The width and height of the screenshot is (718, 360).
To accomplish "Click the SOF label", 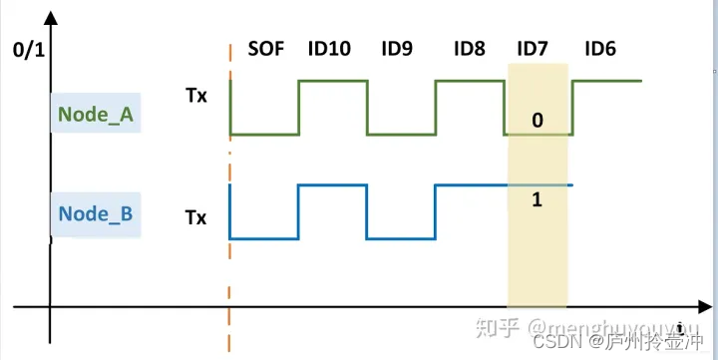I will tap(266, 47).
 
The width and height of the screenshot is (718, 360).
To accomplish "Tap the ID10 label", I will tap(328, 47).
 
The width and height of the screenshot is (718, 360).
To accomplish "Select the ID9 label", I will tap(397, 47).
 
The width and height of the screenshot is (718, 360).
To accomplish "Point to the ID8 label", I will tap(469, 47).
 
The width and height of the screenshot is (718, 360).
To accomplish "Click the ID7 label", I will tap(535, 47).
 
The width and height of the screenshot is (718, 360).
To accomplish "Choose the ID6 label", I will tap(600, 47).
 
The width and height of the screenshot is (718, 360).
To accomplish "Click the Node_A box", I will tap(96, 114).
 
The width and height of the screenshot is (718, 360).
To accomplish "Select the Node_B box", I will tap(96, 212).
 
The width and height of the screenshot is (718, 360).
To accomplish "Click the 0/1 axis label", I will tap(26, 48).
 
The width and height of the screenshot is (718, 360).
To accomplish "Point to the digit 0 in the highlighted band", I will tap(538, 121).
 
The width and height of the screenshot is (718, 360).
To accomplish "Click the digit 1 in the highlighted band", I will tap(537, 200).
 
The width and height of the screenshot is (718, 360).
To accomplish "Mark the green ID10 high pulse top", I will tap(333, 81).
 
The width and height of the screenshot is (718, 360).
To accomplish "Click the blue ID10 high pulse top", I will tap(333, 184).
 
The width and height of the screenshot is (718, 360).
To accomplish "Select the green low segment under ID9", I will tap(401, 134).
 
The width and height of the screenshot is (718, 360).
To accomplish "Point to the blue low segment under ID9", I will tap(401, 239).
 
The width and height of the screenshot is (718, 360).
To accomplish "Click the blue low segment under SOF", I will tap(264, 239).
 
